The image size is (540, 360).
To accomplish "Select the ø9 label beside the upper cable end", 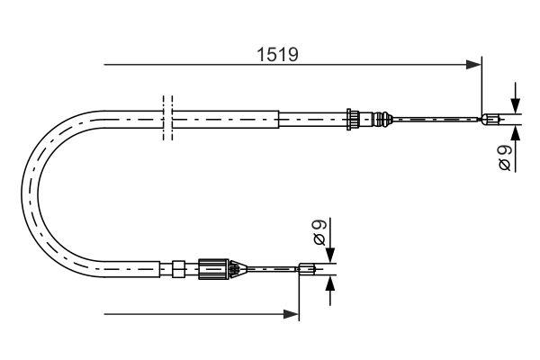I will [506, 157].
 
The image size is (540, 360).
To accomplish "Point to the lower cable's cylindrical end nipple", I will [307, 266].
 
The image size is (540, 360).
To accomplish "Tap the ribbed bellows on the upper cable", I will [383, 117].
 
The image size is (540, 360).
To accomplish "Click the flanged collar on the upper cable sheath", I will [354, 117].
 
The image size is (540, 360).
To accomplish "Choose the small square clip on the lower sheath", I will [178, 266].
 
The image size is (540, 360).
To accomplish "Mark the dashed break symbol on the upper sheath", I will [166, 117].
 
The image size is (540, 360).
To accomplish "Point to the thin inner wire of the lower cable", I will [270, 266].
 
